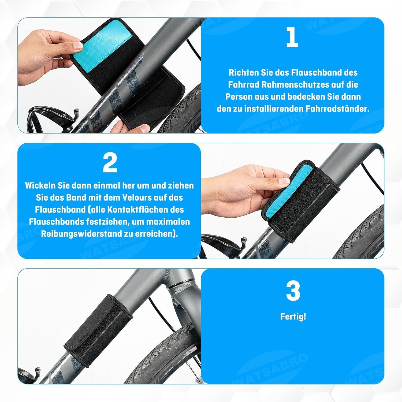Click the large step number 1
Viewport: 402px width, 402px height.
[292, 38]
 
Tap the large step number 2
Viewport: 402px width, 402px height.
[110, 163]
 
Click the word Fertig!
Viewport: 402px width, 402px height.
[293, 317]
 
